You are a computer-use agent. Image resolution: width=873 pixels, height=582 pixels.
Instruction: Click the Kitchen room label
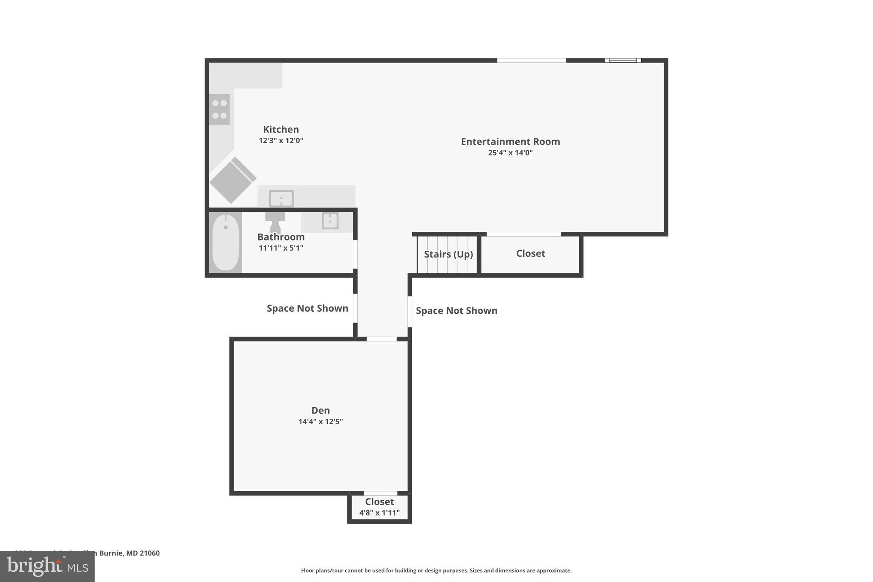point(280,129)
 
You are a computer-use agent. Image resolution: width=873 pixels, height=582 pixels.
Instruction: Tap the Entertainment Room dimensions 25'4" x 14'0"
point(510,153)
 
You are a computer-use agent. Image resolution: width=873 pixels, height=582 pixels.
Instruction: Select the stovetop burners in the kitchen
point(220,109)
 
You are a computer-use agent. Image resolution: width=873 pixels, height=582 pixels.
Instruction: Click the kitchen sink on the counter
point(281,199)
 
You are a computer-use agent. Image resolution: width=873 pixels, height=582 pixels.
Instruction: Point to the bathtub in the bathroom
point(225,243)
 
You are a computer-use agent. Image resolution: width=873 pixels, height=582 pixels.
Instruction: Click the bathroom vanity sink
point(330,221)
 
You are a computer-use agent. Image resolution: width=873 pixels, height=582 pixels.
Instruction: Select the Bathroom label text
point(280,237)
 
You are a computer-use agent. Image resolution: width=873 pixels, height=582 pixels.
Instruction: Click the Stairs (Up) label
point(448,254)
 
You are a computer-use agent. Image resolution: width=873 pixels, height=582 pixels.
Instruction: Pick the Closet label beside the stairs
point(530,253)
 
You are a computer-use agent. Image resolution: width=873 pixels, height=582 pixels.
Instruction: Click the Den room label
point(320,410)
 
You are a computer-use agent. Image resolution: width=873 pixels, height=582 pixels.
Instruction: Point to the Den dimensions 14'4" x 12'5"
point(320,422)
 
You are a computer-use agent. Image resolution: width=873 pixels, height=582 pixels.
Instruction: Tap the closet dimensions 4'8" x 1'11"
point(379,513)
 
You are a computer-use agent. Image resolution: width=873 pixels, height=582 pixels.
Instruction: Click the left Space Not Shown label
point(307,308)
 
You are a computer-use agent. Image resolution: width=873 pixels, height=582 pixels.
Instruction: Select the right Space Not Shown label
point(456,310)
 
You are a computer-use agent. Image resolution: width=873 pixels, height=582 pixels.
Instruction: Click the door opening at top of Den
point(382,339)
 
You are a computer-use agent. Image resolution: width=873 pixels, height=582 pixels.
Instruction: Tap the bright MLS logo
point(47,566)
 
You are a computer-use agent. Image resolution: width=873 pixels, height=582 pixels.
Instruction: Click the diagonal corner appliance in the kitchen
point(232,180)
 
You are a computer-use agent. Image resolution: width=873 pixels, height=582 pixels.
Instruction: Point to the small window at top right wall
point(623,61)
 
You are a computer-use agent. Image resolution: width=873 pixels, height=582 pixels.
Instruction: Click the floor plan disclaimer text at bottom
point(436,570)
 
